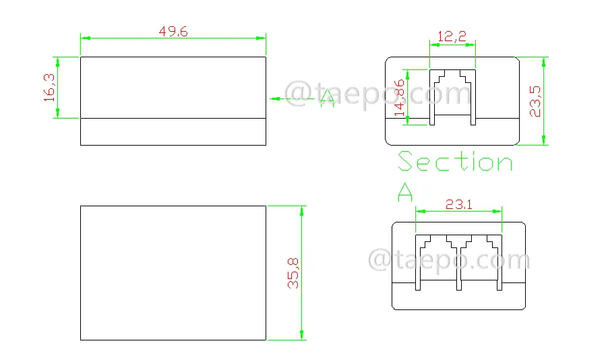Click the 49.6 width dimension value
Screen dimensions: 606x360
pyautogui.click(x=173, y=31)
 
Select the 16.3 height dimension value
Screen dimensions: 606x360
pyautogui.click(x=49, y=88)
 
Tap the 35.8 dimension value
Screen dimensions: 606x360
pyautogui.click(x=293, y=274)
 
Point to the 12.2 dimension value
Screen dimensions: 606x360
pyautogui.click(x=452, y=36)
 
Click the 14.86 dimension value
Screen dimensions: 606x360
pyautogui.click(x=400, y=98)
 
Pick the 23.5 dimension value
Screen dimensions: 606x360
pyautogui.click(x=535, y=101)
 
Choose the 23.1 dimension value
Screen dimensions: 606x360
pyautogui.click(x=459, y=204)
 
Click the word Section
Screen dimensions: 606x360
pyautogui.click(x=455, y=161)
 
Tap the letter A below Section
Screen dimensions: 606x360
pyautogui.click(x=405, y=192)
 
